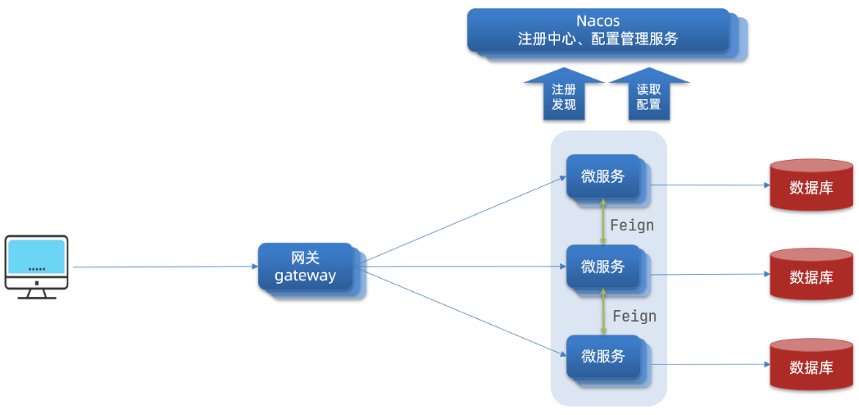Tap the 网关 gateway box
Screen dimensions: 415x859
click(x=306, y=267)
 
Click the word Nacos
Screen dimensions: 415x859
click(x=598, y=21)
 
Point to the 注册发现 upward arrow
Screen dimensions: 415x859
click(x=564, y=97)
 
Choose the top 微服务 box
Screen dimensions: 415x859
click(x=603, y=176)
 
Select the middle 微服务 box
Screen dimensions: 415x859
click(x=603, y=267)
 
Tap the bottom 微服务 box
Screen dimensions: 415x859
click(x=603, y=356)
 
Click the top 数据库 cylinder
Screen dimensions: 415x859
click(x=811, y=186)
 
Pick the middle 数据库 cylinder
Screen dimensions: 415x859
click(x=811, y=276)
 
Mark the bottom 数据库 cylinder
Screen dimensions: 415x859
click(x=811, y=367)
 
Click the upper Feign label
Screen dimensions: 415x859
click(x=632, y=225)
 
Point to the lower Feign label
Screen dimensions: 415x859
click(x=634, y=316)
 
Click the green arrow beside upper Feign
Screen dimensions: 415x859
click(x=604, y=221)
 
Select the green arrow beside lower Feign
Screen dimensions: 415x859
click(x=604, y=312)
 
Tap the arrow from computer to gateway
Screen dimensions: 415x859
click(x=164, y=267)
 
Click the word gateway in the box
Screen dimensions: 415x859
click(x=306, y=276)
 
